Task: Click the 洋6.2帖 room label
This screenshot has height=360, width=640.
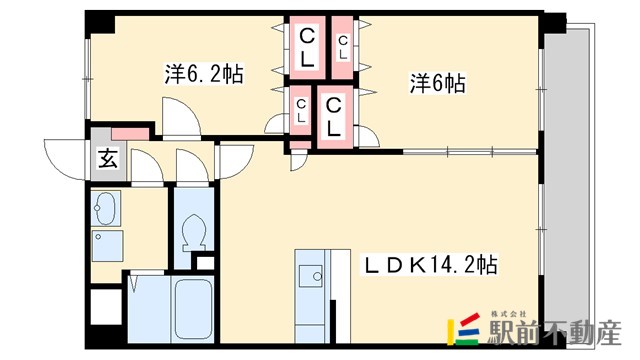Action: click(204, 73)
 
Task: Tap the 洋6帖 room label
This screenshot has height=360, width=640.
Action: click(436, 84)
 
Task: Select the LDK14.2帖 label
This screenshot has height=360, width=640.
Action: click(432, 266)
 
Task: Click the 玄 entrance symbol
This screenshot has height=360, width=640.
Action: click(106, 158)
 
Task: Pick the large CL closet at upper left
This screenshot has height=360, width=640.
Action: click(307, 46)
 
